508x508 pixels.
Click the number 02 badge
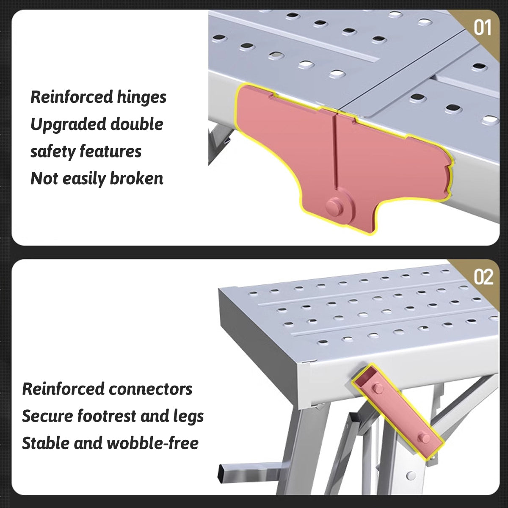click(483, 277)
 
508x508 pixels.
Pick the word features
click(113, 152)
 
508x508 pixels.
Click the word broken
click(136, 179)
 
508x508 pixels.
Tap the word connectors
click(151, 389)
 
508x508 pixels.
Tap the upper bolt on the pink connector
click(376, 387)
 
